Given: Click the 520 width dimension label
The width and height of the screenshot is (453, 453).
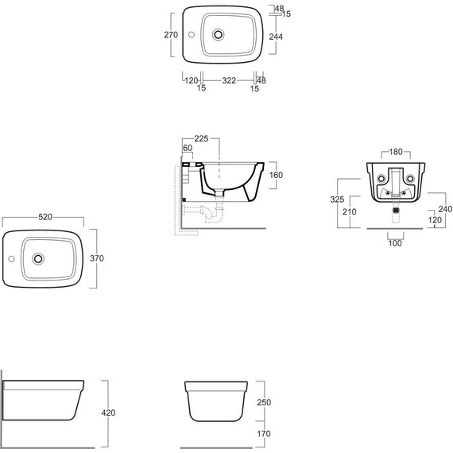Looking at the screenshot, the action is pyautogui.click(x=45, y=217).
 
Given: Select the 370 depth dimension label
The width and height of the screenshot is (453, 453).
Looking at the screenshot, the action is pyautogui.click(x=97, y=258).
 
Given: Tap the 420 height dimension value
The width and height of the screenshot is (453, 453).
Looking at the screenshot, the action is pyautogui.click(x=108, y=412).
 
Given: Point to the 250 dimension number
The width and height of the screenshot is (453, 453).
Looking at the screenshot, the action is pyautogui.click(x=264, y=402).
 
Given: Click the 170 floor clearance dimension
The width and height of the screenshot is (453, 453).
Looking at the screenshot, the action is pyautogui.click(x=264, y=433).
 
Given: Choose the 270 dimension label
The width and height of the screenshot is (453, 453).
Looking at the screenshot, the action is pyautogui.click(x=171, y=35).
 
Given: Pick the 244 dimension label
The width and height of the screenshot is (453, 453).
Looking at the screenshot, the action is pyautogui.click(x=276, y=37).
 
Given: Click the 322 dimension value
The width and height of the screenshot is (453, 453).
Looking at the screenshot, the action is pyautogui.click(x=229, y=80).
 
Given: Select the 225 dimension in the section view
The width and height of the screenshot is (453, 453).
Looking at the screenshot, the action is pyautogui.click(x=201, y=138).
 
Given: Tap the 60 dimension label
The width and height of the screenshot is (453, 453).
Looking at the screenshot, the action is pyautogui.click(x=188, y=148).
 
